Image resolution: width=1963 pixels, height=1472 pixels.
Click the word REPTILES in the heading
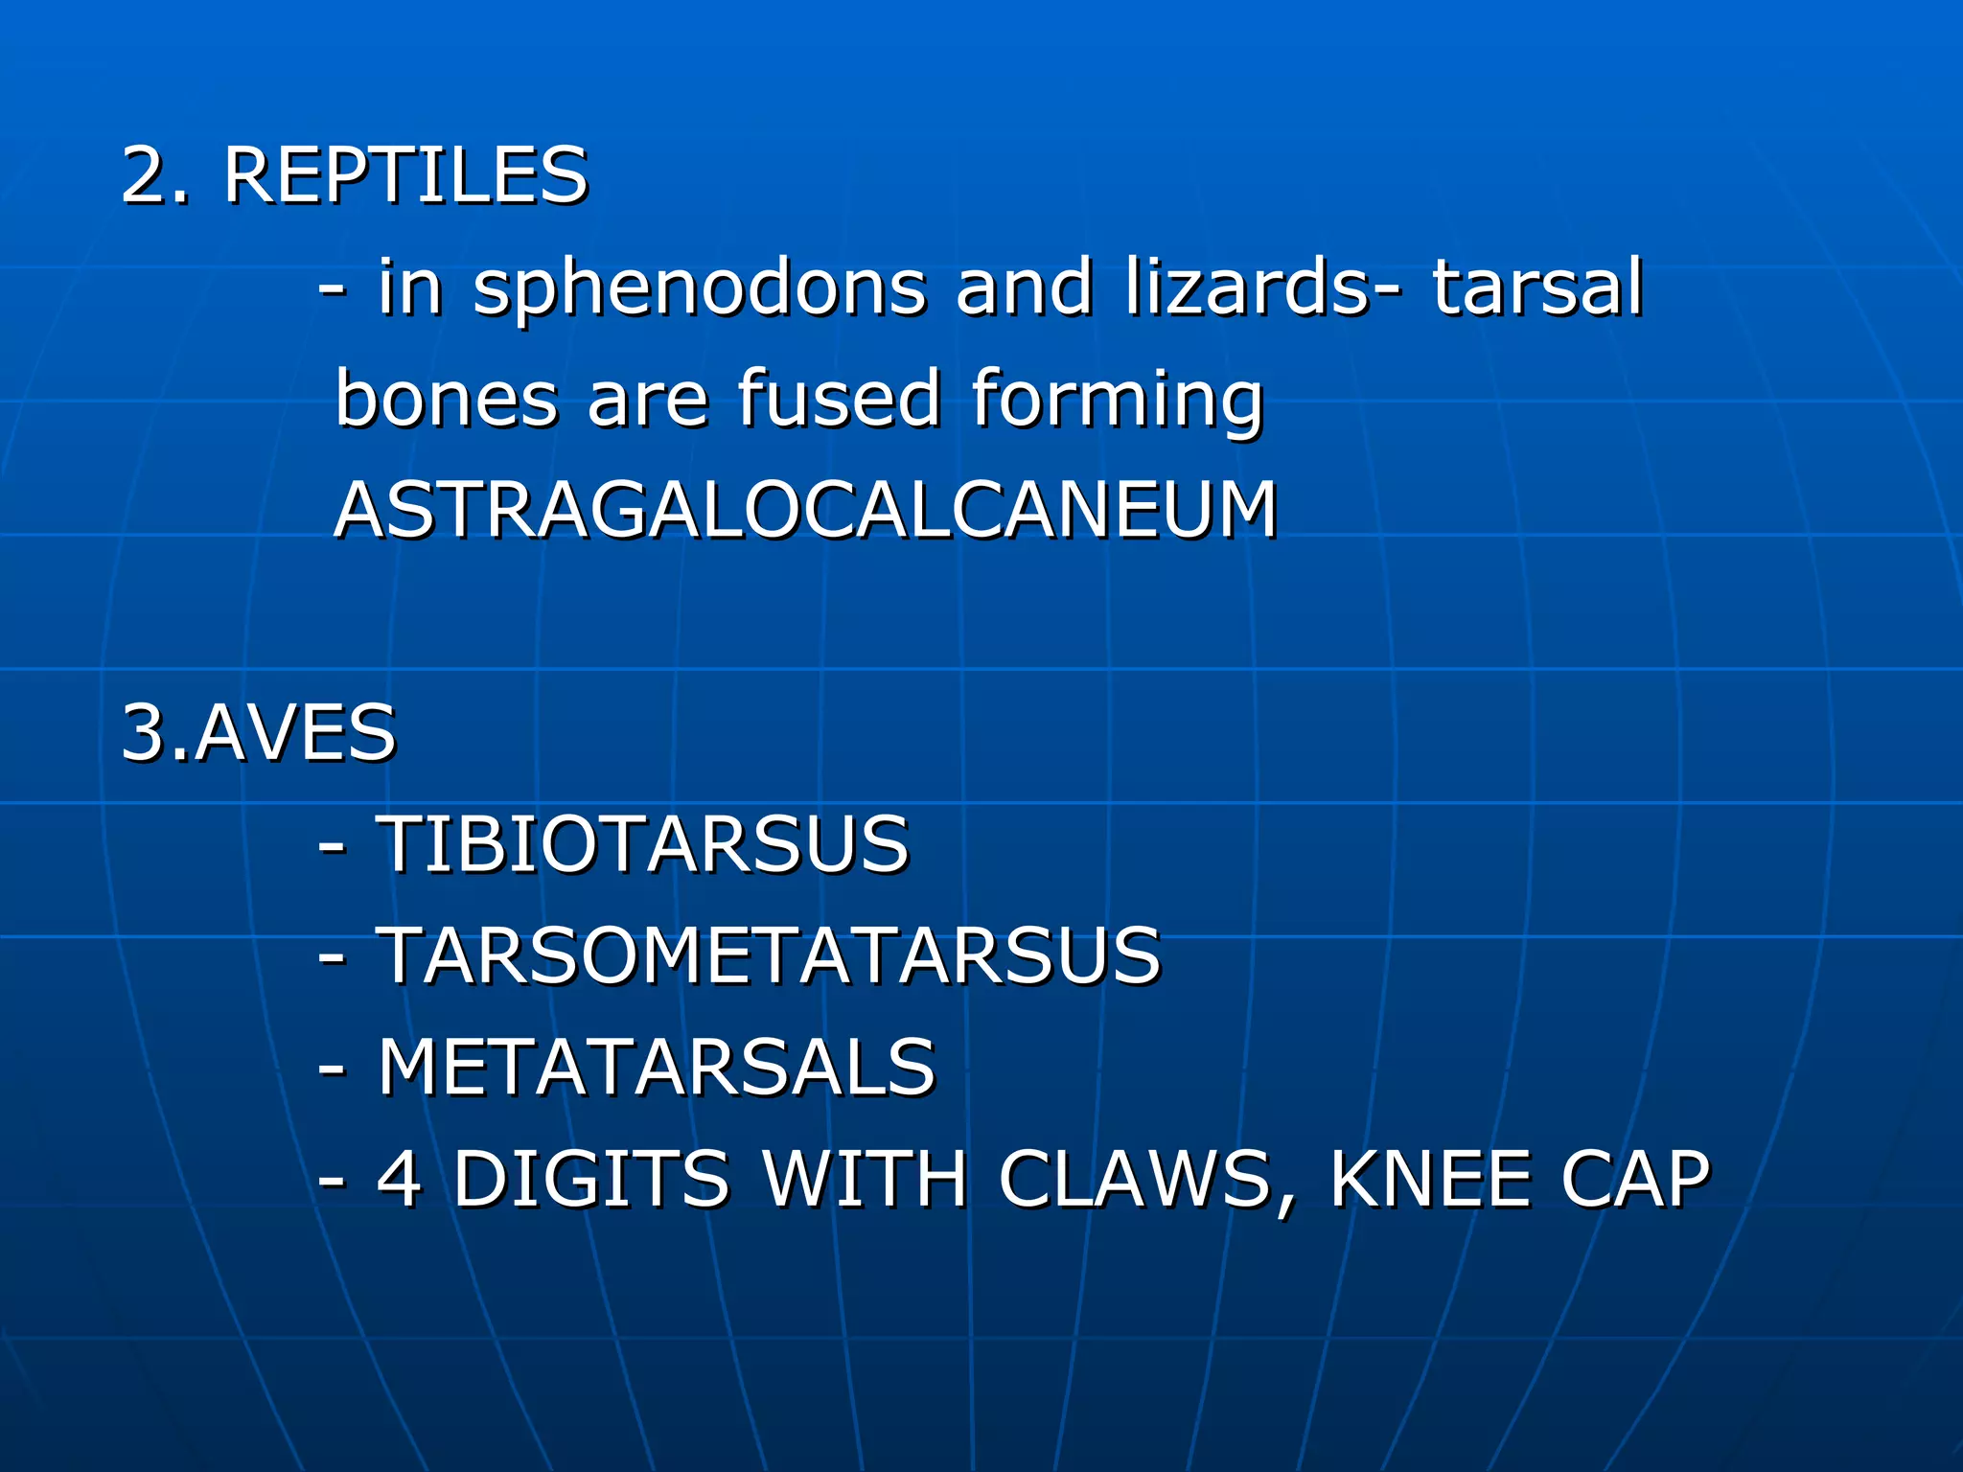tap(404, 176)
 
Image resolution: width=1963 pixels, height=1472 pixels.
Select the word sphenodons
tap(699, 287)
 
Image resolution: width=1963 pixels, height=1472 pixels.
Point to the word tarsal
tap(1537, 287)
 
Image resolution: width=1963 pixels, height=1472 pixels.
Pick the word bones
tap(447, 399)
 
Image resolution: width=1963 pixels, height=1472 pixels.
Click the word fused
tap(840, 399)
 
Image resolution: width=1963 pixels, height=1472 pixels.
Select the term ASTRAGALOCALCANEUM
tap(805, 510)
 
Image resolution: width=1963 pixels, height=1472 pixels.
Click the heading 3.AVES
tap(259, 733)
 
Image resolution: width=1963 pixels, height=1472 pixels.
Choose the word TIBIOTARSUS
tap(642, 844)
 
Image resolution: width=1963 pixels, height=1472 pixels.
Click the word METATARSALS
tap(656, 1067)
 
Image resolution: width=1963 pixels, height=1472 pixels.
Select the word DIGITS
tap(590, 1179)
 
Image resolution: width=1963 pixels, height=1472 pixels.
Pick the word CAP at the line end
tap(1635, 1179)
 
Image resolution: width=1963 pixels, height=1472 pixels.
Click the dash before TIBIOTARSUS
tap(332, 846)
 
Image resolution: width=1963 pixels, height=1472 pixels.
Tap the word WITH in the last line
tap(864, 1179)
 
